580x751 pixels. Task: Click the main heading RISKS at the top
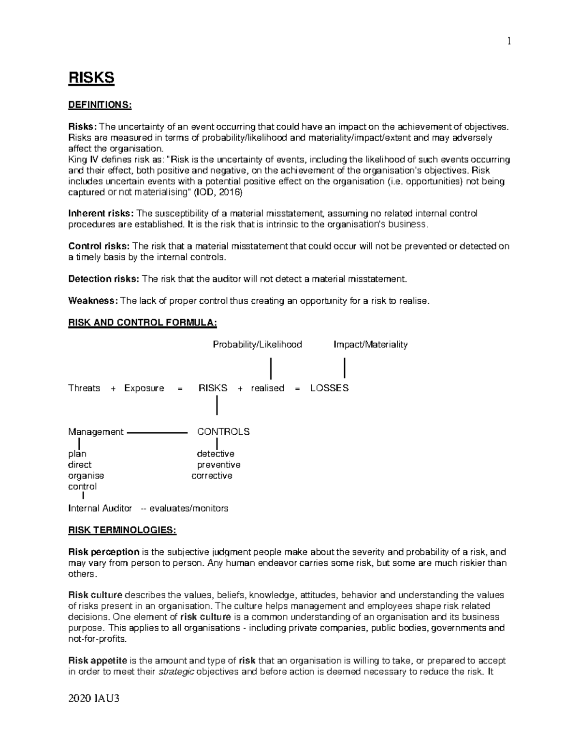click(91, 78)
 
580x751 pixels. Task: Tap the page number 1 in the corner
click(508, 42)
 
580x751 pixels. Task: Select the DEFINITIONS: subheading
click(100, 105)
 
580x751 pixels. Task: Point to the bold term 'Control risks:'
click(99, 246)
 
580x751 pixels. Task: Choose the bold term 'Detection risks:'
click(103, 279)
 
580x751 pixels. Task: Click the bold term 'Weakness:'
click(93, 301)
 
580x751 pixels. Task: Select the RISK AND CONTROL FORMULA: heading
click(143, 323)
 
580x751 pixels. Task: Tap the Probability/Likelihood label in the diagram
click(257, 344)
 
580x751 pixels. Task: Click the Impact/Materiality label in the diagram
click(370, 344)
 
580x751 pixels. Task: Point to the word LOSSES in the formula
click(329, 388)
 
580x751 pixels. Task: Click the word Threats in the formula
click(84, 388)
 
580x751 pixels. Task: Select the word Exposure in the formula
click(144, 388)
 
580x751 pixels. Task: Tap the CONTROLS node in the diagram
click(223, 431)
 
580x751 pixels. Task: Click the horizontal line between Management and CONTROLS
click(157, 432)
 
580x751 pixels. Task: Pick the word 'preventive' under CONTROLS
click(218, 465)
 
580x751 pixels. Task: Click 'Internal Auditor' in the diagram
click(100, 508)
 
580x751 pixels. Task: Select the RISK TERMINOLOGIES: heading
click(122, 530)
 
